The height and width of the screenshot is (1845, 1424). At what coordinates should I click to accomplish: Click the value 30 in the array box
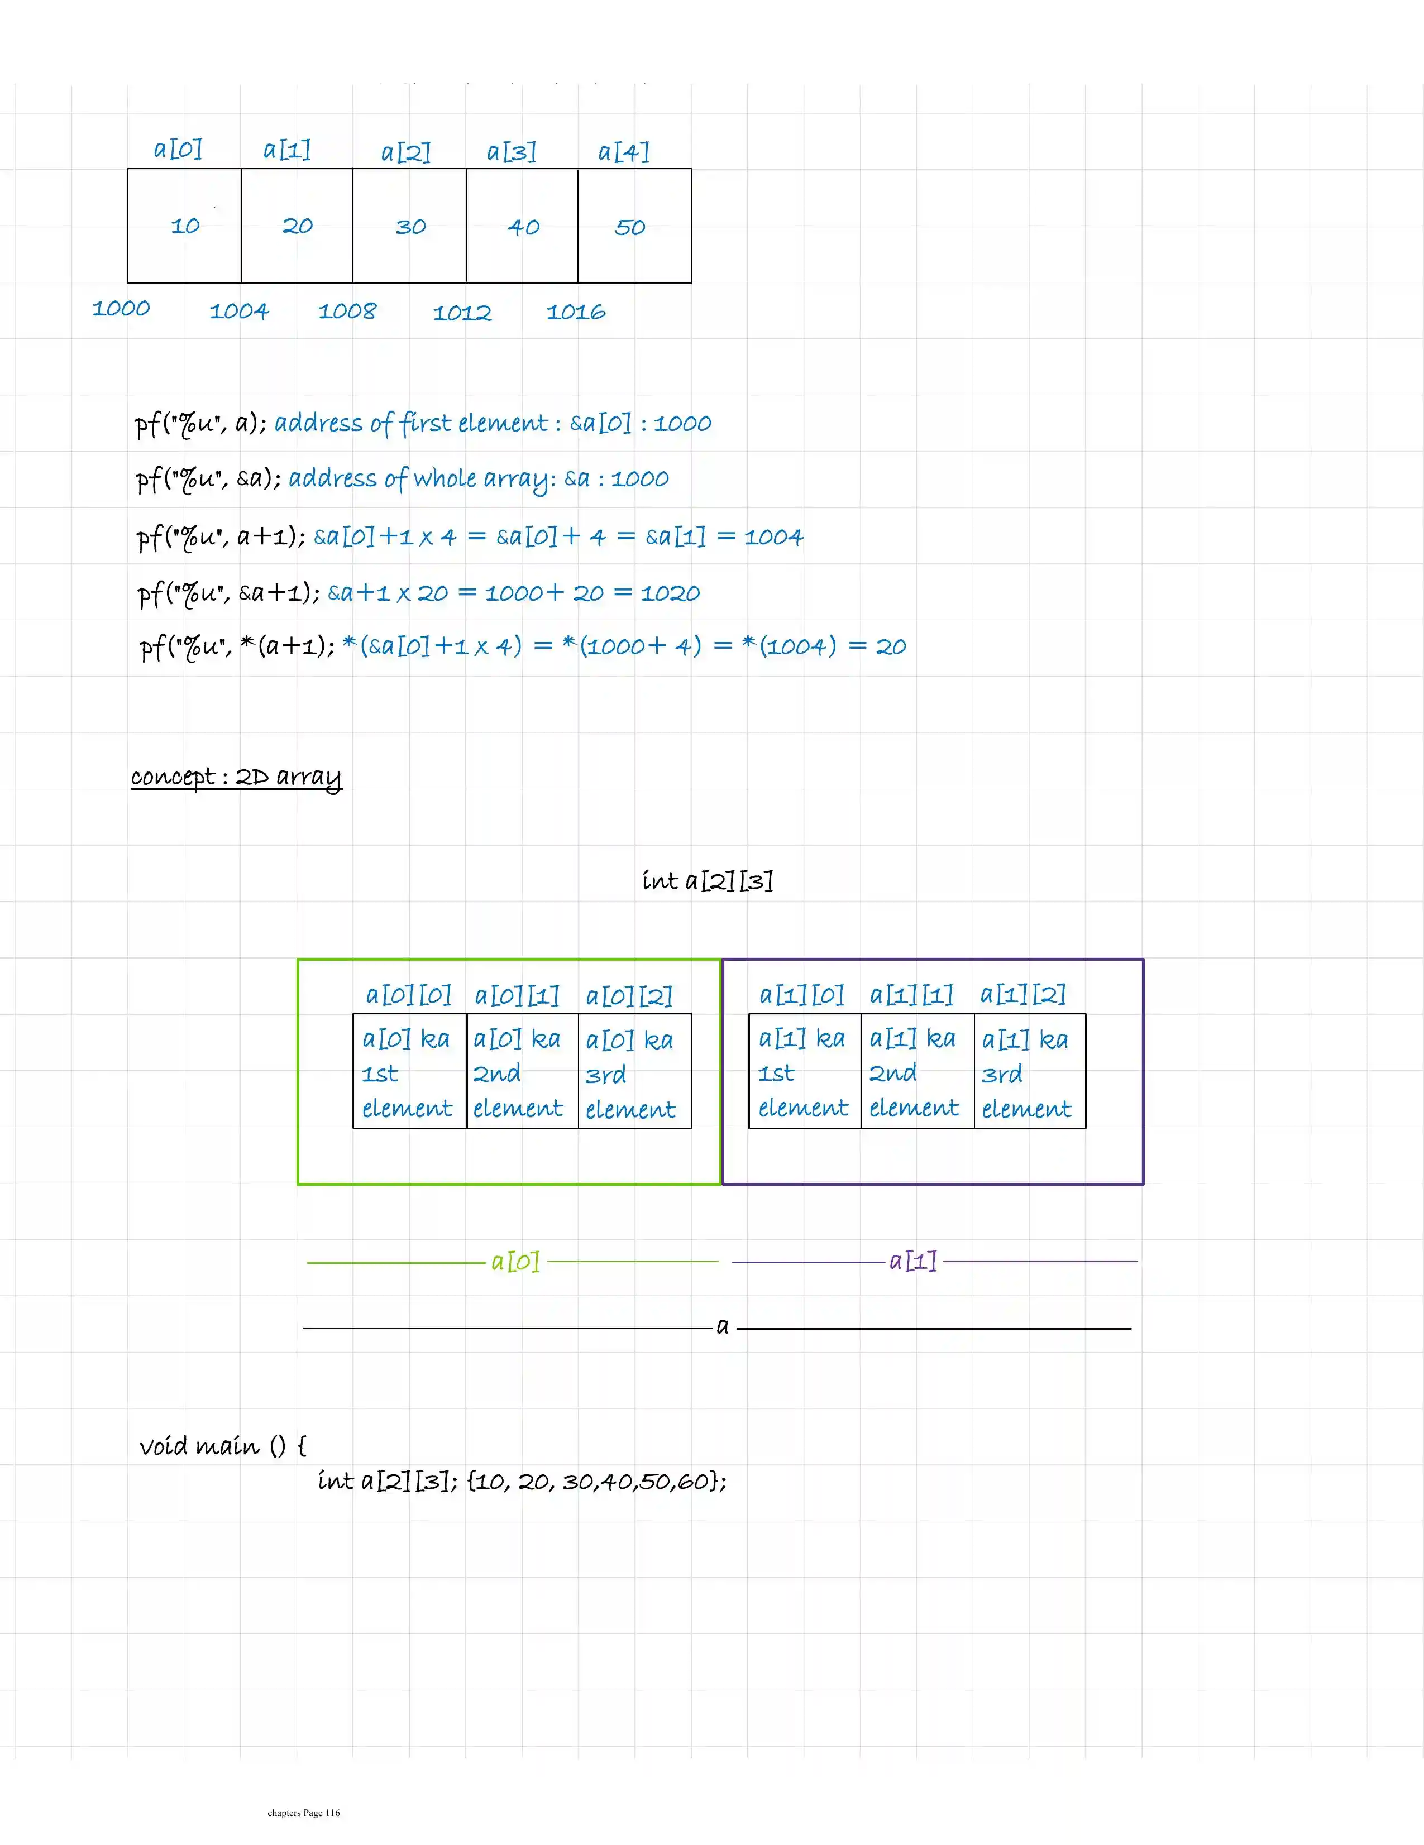click(x=410, y=227)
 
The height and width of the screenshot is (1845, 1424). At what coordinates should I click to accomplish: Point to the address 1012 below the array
click(x=461, y=313)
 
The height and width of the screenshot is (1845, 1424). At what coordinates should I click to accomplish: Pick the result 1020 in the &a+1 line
click(x=670, y=593)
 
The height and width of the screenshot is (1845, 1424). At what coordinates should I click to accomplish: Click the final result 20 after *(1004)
click(x=891, y=647)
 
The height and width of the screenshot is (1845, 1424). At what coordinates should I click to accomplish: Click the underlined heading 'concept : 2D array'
click(x=236, y=777)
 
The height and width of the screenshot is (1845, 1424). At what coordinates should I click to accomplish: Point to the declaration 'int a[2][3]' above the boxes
click(x=708, y=881)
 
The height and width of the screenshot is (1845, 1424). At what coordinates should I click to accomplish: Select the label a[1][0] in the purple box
click(x=801, y=995)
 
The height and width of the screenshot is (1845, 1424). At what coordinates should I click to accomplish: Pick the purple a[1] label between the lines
click(x=912, y=1261)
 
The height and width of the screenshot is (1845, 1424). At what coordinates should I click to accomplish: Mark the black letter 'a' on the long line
click(x=723, y=1326)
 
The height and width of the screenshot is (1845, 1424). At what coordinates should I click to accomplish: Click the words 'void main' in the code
click(x=199, y=1446)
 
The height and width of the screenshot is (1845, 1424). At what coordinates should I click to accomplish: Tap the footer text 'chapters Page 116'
click(x=303, y=1812)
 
